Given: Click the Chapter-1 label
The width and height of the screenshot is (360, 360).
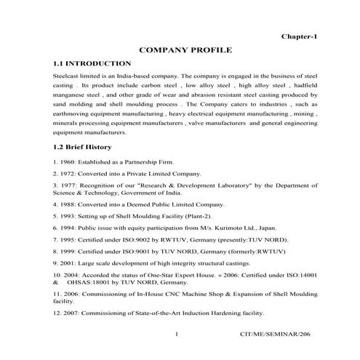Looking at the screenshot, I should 299,36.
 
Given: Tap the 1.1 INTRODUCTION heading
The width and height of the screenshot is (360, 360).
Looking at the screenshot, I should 89,64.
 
